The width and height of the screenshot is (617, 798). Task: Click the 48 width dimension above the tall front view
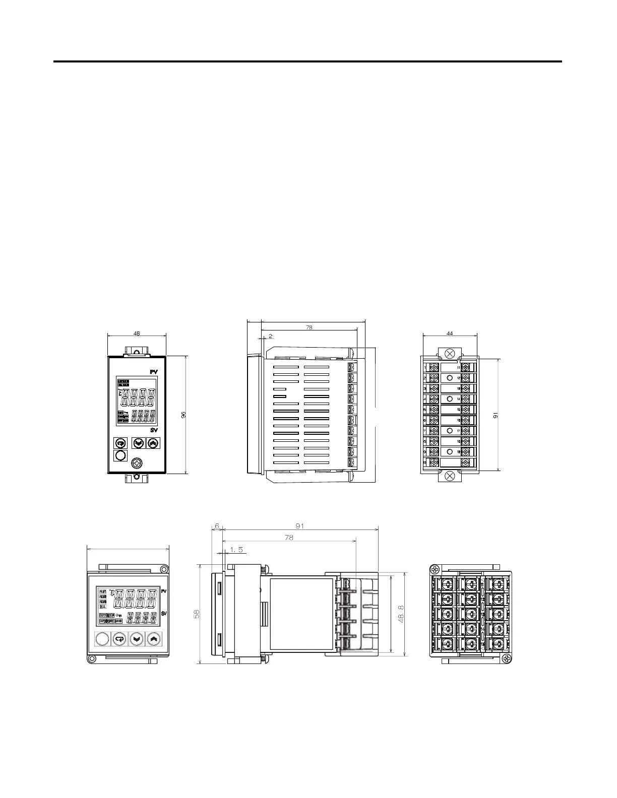(137, 332)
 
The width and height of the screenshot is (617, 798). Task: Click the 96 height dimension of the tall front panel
(183, 415)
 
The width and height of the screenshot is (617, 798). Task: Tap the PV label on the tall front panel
(154, 372)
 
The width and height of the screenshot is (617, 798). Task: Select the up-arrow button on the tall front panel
(153, 443)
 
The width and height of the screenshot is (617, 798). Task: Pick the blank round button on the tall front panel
(120, 456)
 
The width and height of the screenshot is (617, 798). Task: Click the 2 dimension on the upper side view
(270, 336)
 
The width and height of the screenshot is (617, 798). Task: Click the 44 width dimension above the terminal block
(450, 333)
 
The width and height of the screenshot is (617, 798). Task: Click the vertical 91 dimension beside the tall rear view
(495, 415)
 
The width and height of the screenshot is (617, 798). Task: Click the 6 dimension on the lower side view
(217, 525)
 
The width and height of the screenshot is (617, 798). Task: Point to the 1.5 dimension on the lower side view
(236, 550)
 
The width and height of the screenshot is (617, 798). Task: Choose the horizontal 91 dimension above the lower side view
(300, 525)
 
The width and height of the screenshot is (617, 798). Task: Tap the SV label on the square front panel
(164, 614)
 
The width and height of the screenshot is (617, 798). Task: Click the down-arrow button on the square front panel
(136, 639)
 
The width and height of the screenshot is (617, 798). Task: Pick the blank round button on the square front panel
(101, 639)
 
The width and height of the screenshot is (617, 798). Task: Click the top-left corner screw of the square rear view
(434, 569)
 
